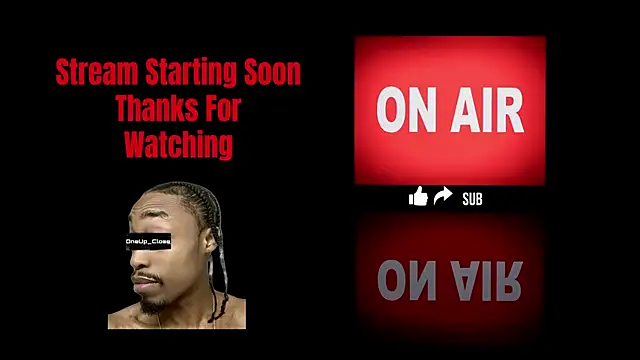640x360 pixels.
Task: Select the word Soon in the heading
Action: (x=273, y=73)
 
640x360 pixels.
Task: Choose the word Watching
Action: (x=178, y=144)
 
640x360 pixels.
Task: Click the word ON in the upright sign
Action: (x=405, y=110)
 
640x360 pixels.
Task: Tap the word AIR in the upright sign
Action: (x=486, y=110)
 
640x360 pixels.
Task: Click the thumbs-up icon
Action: (x=418, y=197)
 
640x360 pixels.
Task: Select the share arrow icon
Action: (x=443, y=196)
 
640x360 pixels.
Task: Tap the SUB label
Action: (x=472, y=199)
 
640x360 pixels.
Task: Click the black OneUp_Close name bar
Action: (x=148, y=242)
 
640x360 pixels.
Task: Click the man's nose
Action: (x=138, y=262)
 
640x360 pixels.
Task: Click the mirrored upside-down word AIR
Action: (x=486, y=282)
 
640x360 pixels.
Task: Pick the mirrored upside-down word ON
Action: (x=405, y=282)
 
